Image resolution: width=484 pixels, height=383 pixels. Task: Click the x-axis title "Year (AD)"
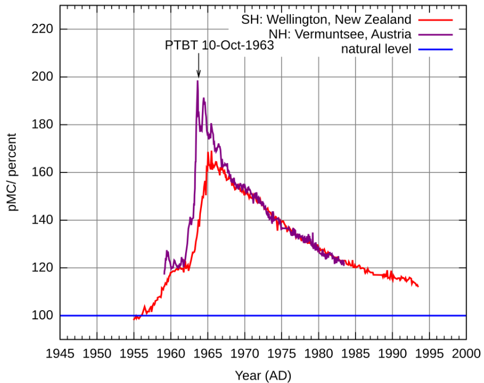pyautogui.click(x=263, y=375)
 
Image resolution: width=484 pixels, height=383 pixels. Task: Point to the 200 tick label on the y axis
pyautogui.click(x=43, y=77)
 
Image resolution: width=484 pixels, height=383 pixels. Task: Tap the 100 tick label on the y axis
pyautogui.click(x=43, y=316)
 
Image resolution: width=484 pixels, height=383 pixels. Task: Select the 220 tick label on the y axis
pyautogui.click(x=43, y=29)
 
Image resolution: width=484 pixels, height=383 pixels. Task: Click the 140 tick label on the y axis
pyautogui.click(x=43, y=220)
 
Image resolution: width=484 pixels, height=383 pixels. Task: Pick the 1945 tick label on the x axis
pyautogui.click(x=60, y=354)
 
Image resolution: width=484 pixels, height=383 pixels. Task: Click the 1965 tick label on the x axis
pyautogui.click(x=207, y=354)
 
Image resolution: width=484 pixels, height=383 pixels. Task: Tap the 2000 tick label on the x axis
pyautogui.click(x=466, y=354)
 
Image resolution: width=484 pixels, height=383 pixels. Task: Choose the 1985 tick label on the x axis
pyautogui.click(x=356, y=354)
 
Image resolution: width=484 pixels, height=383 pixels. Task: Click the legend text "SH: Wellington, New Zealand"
pyautogui.click(x=326, y=20)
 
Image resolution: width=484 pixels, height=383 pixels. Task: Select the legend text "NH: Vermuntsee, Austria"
pyautogui.click(x=340, y=35)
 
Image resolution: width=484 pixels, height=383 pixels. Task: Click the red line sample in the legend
pyautogui.click(x=436, y=20)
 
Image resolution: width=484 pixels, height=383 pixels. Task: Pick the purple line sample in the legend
pyautogui.click(x=436, y=35)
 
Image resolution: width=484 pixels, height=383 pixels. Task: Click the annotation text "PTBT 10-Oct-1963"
pyautogui.click(x=219, y=46)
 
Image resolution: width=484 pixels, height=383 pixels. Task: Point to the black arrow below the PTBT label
pyautogui.click(x=198, y=68)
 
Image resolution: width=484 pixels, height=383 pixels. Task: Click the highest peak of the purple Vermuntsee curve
pyautogui.click(x=198, y=81)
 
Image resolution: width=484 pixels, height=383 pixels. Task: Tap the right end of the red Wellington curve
pyautogui.click(x=418, y=286)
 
